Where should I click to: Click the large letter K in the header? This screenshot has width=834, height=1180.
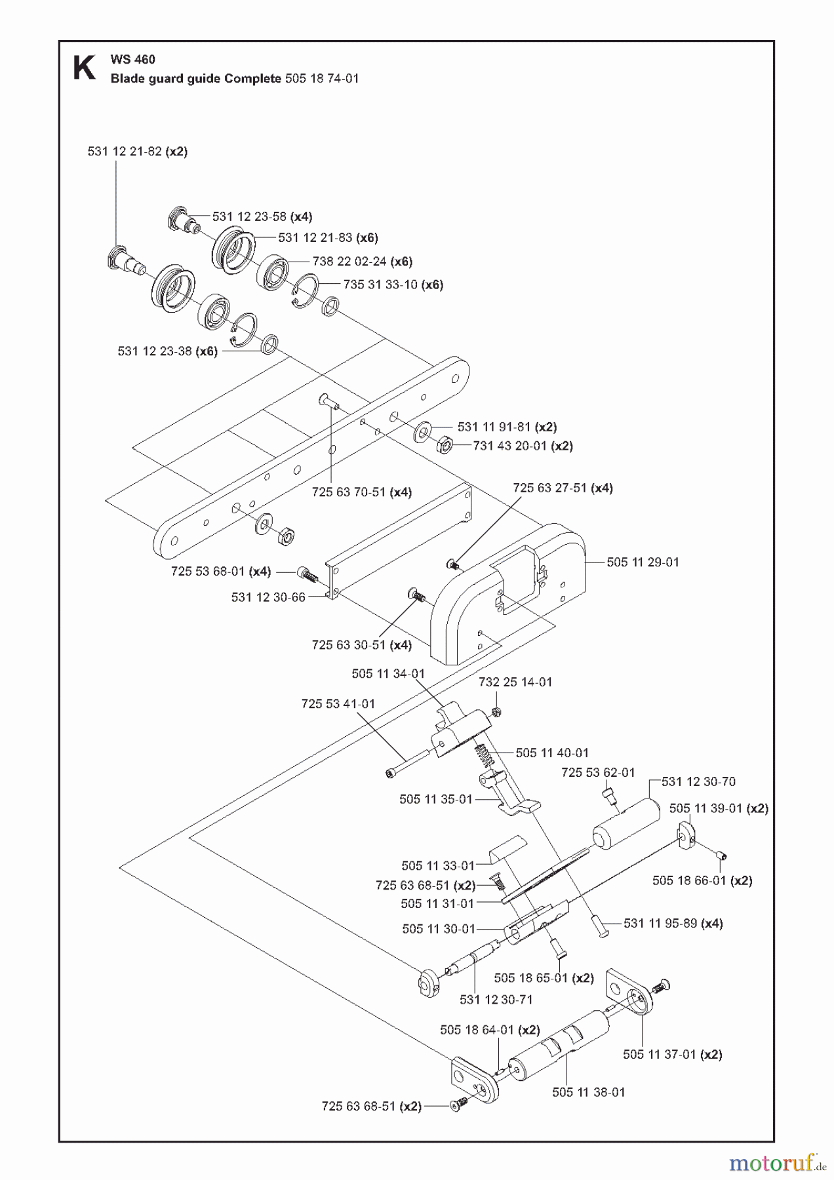click(x=83, y=68)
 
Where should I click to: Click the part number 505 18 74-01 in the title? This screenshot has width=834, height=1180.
click(x=322, y=79)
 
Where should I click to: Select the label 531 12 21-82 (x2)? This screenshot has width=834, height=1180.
click(x=137, y=151)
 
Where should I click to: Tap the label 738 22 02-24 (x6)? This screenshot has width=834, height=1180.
click(x=362, y=261)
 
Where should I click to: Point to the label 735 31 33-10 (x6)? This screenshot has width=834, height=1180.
click(x=393, y=285)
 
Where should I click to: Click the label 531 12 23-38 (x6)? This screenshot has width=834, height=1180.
click(x=167, y=351)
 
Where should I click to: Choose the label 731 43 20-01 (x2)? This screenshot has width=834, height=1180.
click(x=523, y=446)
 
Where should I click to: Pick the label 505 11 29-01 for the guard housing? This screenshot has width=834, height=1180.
click(x=643, y=562)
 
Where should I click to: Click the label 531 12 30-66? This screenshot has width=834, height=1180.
click(x=268, y=597)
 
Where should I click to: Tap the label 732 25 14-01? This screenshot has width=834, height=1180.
click(x=515, y=682)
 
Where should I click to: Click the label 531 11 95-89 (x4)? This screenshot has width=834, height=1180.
click(x=673, y=923)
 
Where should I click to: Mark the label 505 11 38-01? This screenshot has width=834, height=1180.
click(x=588, y=1092)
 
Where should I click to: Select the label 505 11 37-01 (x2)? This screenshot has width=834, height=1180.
click(x=672, y=1054)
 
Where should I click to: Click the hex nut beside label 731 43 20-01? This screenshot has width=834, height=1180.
click(x=444, y=445)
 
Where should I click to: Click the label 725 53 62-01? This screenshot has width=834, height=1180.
click(x=597, y=772)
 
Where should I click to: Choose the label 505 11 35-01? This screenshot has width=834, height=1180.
click(x=435, y=799)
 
